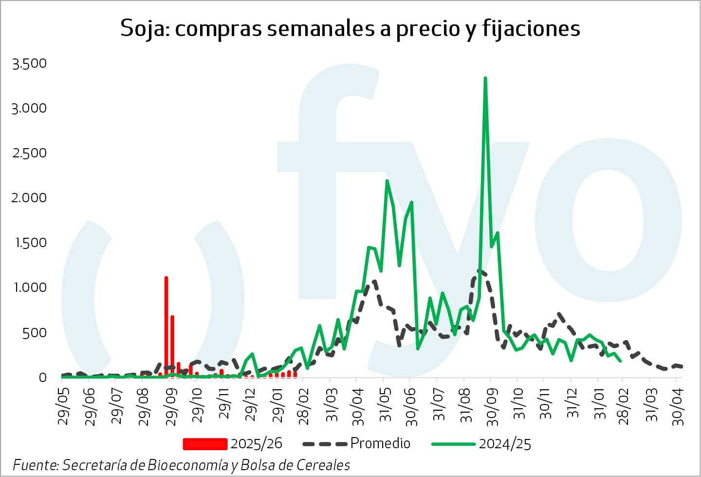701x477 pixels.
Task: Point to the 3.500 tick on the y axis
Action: pyautogui.click(x=30, y=63)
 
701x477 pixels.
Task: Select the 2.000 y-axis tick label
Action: pyautogui.click(x=30, y=198)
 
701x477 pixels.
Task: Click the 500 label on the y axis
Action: pyautogui.click(x=35, y=333)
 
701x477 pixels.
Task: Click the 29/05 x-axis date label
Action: pyautogui.click(x=64, y=406)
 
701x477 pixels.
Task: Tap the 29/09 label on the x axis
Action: pyautogui.click(x=171, y=406)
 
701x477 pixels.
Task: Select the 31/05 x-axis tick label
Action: pyautogui.click(x=386, y=406)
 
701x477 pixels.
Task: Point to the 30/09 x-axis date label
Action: pyautogui.click(x=493, y=406)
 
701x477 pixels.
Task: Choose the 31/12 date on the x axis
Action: pyautogui.click(x=573, y=406)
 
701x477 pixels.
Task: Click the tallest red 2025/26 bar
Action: pyautogui.click(x=166, y=326)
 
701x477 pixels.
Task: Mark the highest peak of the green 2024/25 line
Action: pyautogui.click(x=485, y=78)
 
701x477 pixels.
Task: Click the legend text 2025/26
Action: pyautogui.click(x=256, y=443)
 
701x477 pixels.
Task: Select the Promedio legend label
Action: pyautogui.click(x=380, y=443)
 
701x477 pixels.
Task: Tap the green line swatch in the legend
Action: pyautogui.click(x=453, y=444)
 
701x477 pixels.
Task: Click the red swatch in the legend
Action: pyautogui.click(x=205, y=444)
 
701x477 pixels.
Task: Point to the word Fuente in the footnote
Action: pyautogui.click(x=36, y=465)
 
